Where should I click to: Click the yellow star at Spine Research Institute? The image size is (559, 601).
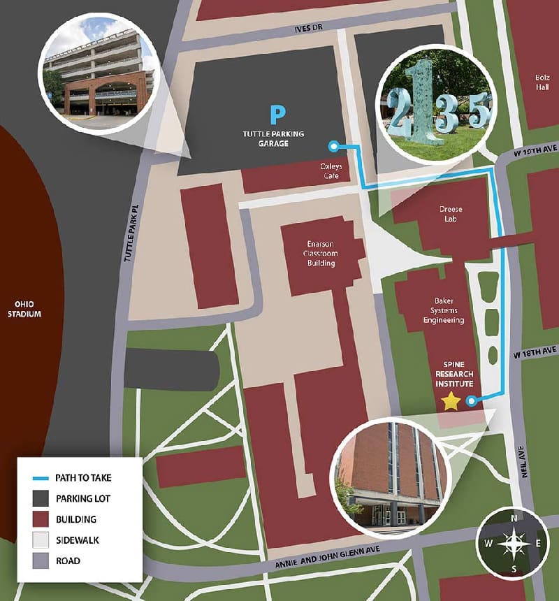click(x=451, y=400)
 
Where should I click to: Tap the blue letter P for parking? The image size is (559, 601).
click(x=279, y=113)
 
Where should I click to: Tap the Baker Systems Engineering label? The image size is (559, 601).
click(x=444, y=311)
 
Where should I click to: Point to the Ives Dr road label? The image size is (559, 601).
click(x=312, y=29)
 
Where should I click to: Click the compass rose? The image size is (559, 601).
click(x=514, y=543)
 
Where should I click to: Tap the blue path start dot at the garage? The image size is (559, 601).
click(x=333, y=146)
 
